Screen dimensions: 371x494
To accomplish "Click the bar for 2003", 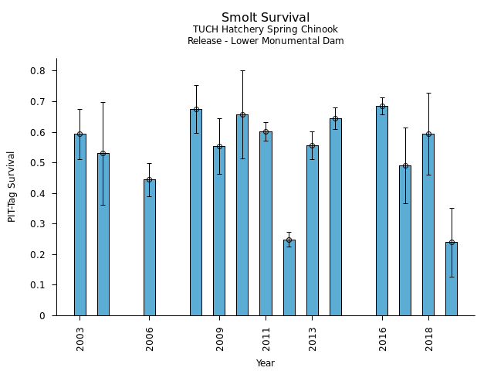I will coord(80,225).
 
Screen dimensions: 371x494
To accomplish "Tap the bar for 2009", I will coord(219,231).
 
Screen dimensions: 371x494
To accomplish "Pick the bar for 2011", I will coord(266,223).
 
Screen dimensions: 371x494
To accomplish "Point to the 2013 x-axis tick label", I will coord(313,339).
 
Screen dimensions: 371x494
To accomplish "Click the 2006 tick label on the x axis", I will coord(150,339).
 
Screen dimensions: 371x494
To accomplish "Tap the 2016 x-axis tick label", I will coord(383,339).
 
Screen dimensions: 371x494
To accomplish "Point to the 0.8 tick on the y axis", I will coord(38,71).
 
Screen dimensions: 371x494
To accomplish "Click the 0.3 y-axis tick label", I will coord(38,224).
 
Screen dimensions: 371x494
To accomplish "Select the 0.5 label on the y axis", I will coord(38,163).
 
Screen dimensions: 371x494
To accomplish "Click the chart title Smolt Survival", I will coord(266,18).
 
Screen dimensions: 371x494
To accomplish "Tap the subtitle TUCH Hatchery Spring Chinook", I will coord(266,30).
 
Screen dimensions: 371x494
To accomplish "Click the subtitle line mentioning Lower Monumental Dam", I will coord(266,41).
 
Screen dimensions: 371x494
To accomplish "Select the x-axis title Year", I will coord(266,363).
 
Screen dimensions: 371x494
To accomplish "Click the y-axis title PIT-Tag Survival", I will coord(12,186).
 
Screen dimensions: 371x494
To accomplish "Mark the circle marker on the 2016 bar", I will coord(382,106).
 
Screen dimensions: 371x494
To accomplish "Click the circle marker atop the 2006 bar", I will coord(150,179).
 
